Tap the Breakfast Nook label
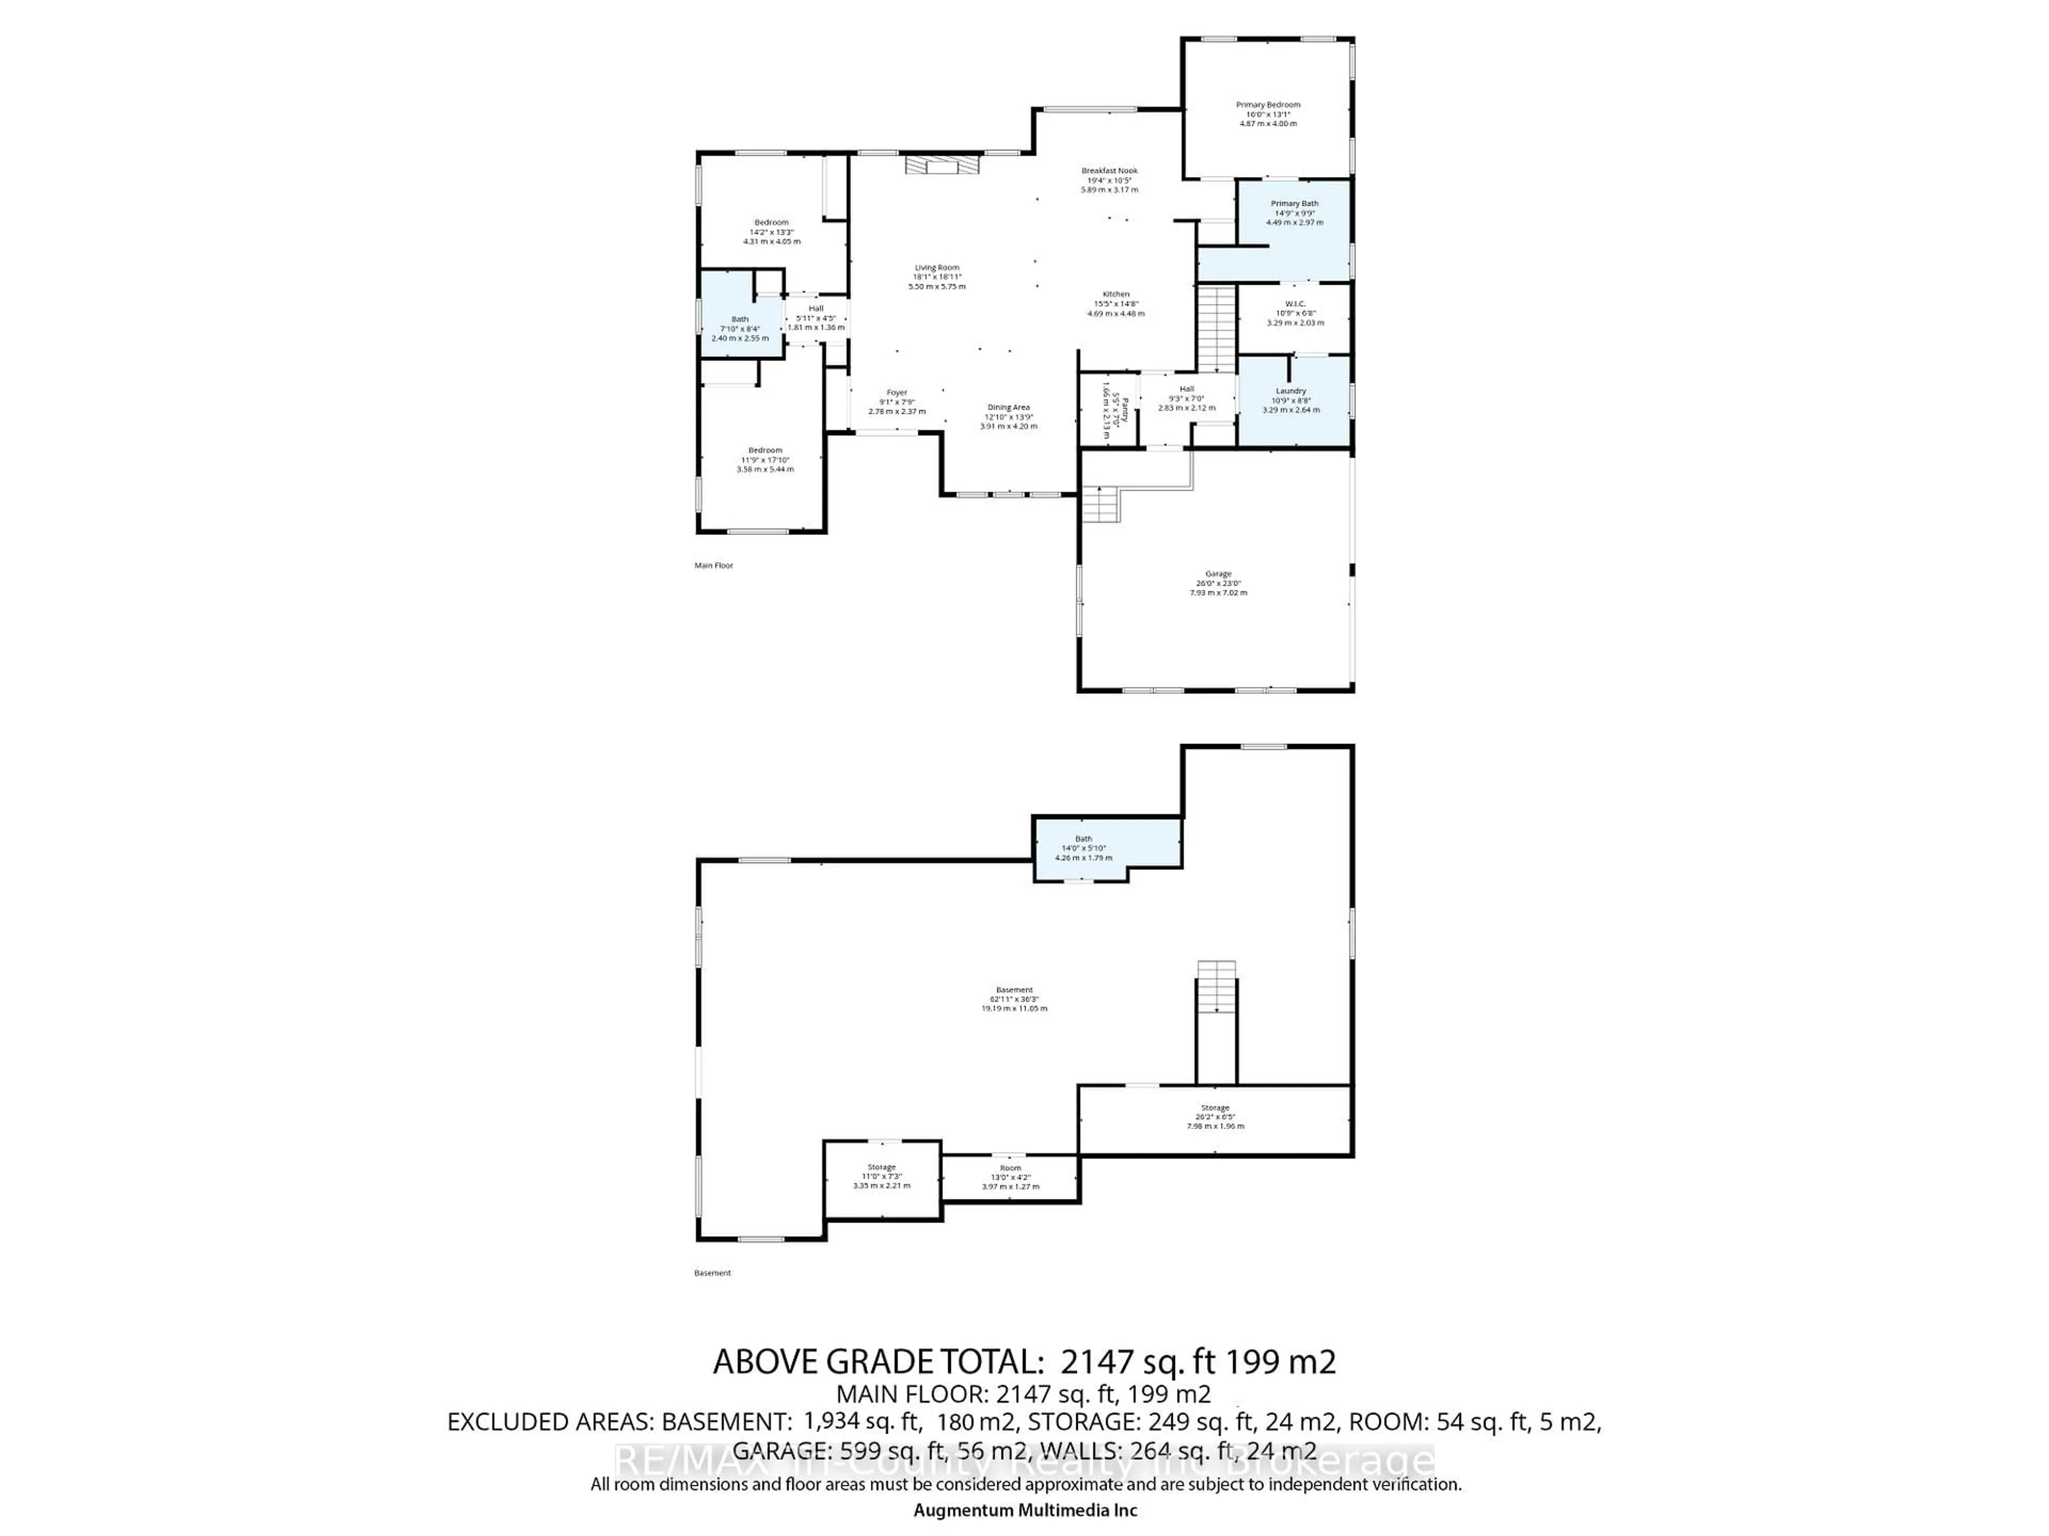click(1109, 170)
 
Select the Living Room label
click(936, 268)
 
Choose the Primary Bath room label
click(1294, 204)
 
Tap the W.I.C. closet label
click(1294, 303)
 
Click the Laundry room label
click(1290, 391)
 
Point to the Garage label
click(1218, 574)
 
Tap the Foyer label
click(896, 393)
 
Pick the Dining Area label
click(1008, 407)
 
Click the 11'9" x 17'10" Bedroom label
click(765, 450)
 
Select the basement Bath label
click(1083, 839)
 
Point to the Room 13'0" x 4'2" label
click(1010, 1169)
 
